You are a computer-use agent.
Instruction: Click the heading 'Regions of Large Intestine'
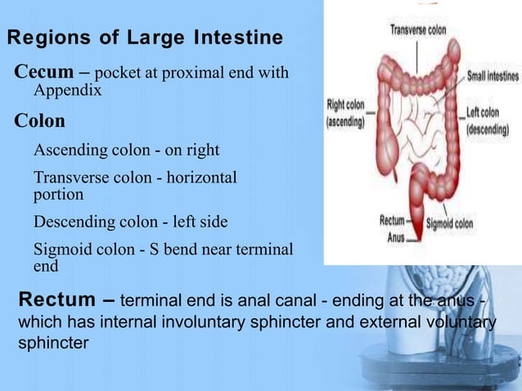tap(145, 38)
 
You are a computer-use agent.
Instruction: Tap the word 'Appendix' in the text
tap(67, 91)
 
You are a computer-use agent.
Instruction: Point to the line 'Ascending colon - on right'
tap(126, 151)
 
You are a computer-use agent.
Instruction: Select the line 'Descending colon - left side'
tap(130, 222)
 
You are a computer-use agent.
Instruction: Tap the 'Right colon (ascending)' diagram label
tap(346, 114)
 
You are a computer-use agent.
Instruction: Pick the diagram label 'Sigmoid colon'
tap(451, 222)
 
